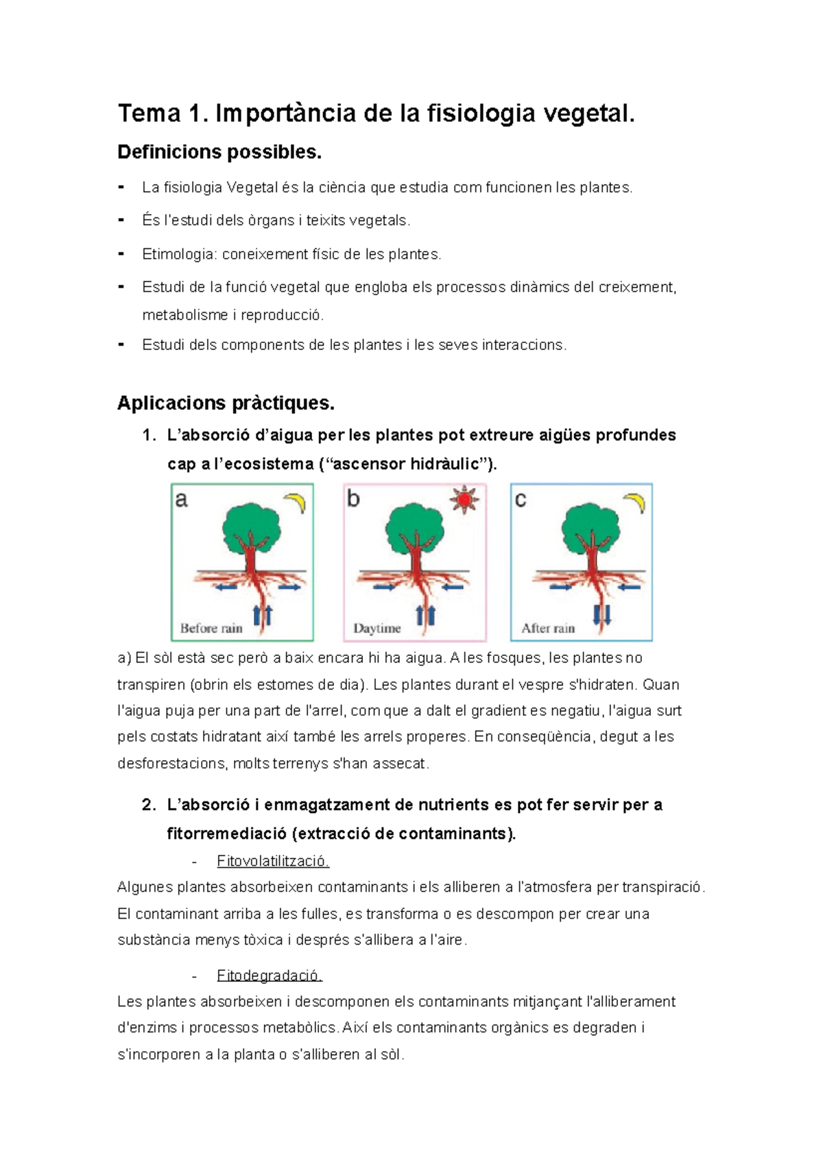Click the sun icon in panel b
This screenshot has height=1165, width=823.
click(x=464, y=499)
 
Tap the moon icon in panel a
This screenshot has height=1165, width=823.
click(x=296, y=502)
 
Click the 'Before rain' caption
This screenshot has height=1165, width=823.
click(x=211, y=628)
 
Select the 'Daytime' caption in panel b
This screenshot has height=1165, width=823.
click(x=377, y=628)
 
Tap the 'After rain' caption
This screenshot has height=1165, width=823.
click(x=548, y=628)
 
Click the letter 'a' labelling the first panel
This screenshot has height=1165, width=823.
click(x=181, y=499)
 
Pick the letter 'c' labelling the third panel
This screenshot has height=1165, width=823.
click(x=520, y=499)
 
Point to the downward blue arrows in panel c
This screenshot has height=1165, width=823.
click(x=601, y=613)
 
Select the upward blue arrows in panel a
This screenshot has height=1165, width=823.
click(x=263, y=613)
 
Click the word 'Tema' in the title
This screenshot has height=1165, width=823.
click(x=149, y=113)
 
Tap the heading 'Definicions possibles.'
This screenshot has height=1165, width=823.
click(x=219, y=152)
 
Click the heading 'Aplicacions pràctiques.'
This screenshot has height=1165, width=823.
click(x=226, y=403)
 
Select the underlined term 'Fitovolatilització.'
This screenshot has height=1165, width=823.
click(x=273, y=860)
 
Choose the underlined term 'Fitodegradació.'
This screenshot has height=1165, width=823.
click(x=269, y=975)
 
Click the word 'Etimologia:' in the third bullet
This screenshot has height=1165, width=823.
click(x=179, y=254)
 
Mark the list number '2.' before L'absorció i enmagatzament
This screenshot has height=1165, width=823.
click(x=149, y=805)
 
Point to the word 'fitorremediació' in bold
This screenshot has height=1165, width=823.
click(x=227, y=834)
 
